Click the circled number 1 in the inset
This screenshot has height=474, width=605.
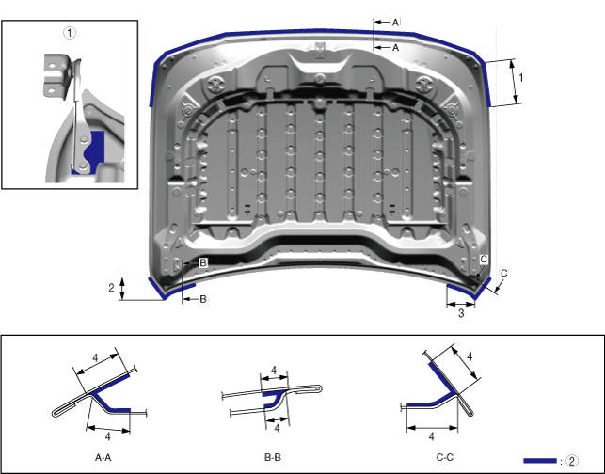coord(70,33)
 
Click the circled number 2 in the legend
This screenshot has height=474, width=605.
coord(572,461)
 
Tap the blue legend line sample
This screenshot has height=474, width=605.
coord(540,461)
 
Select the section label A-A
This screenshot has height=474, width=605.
coord(103,457)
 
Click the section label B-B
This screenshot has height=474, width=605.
coord(273,457)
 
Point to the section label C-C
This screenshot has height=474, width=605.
coord(444,457)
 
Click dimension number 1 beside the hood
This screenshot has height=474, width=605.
coord(521,78)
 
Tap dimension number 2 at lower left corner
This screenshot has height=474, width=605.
coord(111,288)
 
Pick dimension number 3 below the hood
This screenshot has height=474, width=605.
coord(461,313)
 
